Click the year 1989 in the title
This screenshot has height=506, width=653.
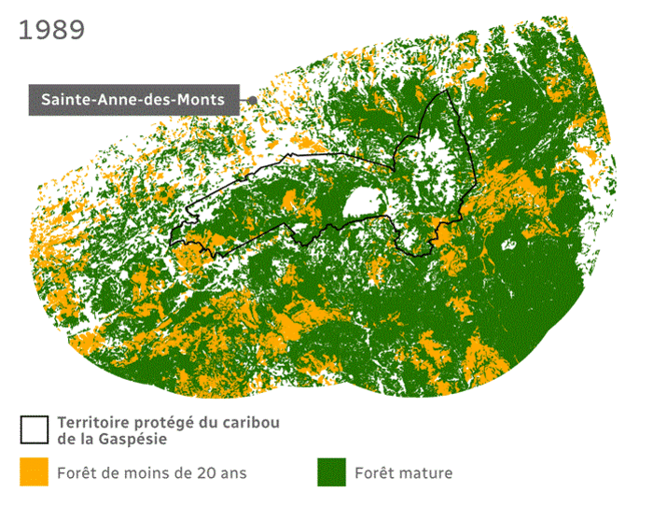(51, 29)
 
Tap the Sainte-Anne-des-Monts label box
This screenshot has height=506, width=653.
(133, 98)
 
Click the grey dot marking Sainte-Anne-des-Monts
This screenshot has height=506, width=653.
(252, 99)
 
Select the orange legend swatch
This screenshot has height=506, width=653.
(34, 472)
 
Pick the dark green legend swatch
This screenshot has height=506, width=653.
(330, 472)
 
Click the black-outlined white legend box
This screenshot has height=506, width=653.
(34, 429)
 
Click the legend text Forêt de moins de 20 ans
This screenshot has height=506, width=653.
(151, 473)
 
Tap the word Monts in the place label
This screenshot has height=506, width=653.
(204, 98)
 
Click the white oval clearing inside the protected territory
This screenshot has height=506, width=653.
(361, 203)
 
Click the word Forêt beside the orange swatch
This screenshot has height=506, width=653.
(77, 473)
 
